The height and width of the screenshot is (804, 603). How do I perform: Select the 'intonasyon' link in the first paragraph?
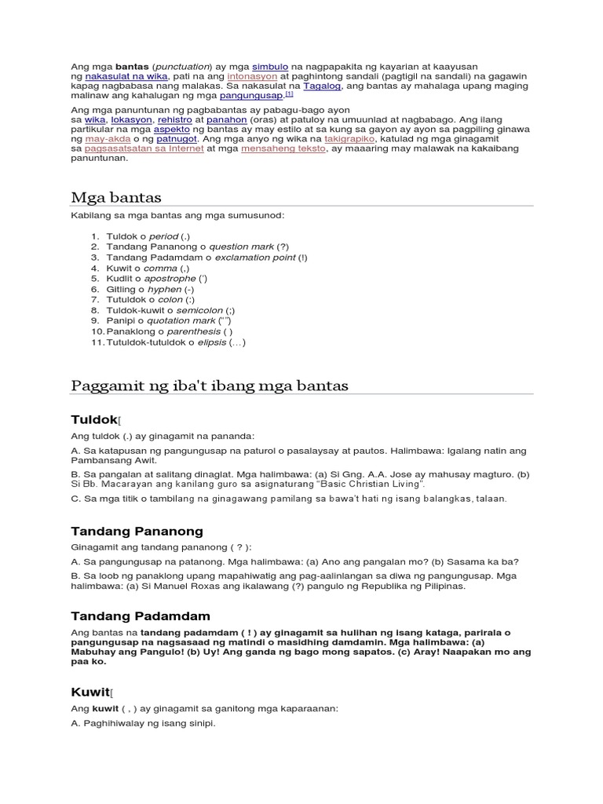[x=252, y=77]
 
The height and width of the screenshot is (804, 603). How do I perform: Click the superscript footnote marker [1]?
[x=289, y=93]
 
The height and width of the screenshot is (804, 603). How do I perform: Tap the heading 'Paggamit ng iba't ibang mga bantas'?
[x=209, y=386]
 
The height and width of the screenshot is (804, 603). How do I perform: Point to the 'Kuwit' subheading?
[x=90, y=692]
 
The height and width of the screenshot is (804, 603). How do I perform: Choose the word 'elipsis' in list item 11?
[x=210, y=342]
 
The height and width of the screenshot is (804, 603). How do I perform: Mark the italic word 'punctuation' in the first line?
[x=183, y=67]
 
